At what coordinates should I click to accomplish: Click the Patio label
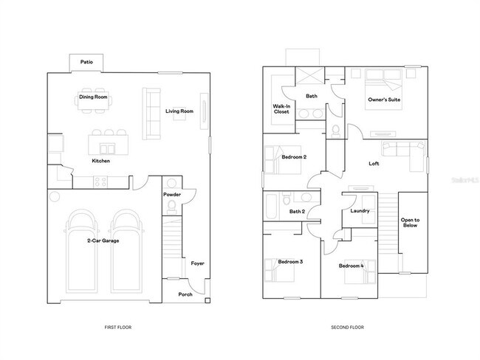[86, 62]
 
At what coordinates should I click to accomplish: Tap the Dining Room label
[94, 97]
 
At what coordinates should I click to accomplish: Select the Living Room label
[179, 111]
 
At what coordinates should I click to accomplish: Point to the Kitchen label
[101, 161]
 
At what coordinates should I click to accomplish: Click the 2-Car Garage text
[103, 240]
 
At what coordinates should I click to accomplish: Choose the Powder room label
[171, 195]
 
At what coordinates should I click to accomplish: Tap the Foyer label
[197, 263]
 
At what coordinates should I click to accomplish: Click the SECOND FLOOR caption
[346, 327]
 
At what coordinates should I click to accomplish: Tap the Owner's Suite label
[384, 100]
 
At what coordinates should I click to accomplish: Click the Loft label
[374, 164]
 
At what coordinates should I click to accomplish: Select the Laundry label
[360, 211]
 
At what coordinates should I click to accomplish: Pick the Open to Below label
[411, 223]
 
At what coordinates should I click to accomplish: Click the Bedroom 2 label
[294, 157]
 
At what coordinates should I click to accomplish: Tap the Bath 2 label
[297, 212]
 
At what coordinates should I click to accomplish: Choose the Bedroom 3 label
[290, 262]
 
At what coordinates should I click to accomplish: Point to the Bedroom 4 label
[352, 266]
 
